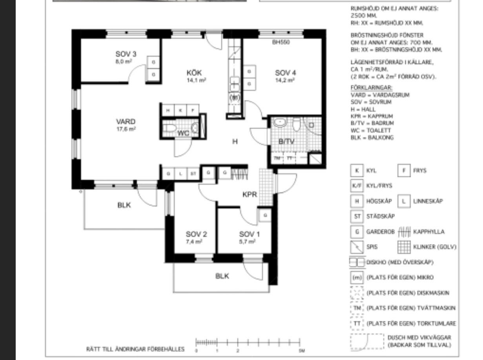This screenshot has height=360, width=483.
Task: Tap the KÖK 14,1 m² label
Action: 197,75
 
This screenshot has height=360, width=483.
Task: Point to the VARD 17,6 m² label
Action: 126,124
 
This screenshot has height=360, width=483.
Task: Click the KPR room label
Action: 250,194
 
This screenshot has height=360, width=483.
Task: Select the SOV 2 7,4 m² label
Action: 196,237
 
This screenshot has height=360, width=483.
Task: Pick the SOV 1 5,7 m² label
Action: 249,237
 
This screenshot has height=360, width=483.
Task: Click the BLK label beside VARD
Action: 124,205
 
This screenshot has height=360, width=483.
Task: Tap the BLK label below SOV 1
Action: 222,276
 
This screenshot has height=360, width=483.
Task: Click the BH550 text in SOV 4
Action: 281,43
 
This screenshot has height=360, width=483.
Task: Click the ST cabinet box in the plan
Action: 193,173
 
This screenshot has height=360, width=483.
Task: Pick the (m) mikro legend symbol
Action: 357,278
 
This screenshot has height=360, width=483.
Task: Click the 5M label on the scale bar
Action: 301,351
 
